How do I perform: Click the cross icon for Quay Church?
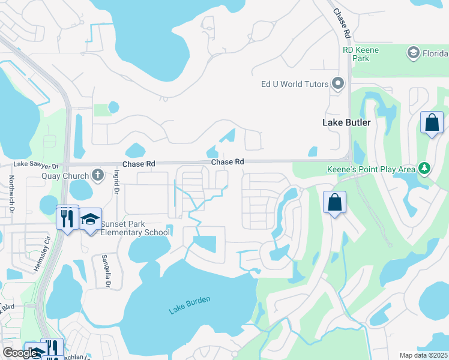(98, 175)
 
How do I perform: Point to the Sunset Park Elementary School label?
(135, 228)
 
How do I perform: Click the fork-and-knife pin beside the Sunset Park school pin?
(67, 217)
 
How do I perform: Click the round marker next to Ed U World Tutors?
(338, 83)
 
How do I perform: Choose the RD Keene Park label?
(361, 55)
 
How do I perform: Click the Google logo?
(19, 353)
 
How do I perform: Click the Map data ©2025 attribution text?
(423, 355)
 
